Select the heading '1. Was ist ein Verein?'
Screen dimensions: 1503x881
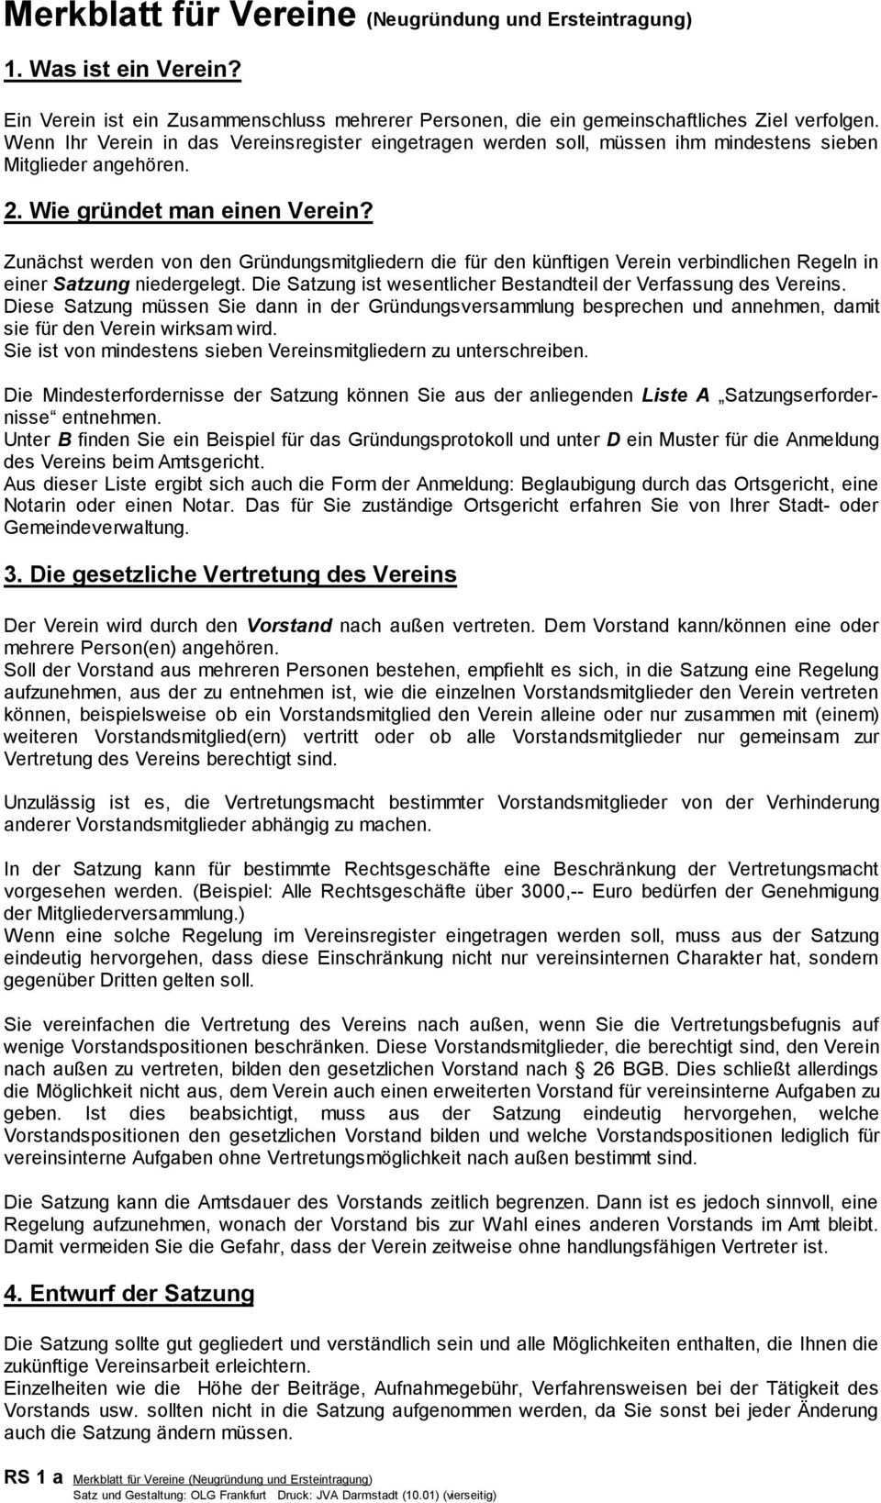tap(123, 70)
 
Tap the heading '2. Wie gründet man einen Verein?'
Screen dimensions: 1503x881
tap(189, 209)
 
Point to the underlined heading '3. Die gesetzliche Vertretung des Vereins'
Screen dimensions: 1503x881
tap(230, 574)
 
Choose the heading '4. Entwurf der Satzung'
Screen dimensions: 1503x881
tap(129, 1294)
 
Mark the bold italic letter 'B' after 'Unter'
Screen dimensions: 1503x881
tap(64, 440)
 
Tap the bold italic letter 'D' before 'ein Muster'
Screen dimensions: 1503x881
tap(613, 440)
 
